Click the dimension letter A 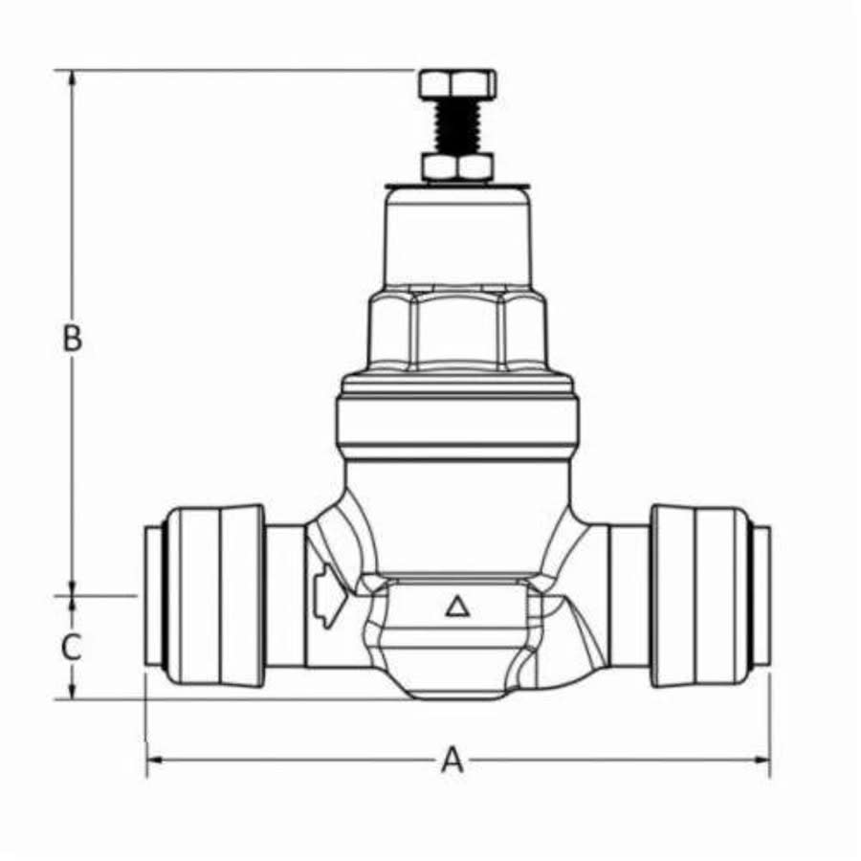click(x=452, y=761)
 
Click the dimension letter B click(x=72, y=339)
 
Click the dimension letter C click(x=72, y=648)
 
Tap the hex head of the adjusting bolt click(x=457, y=83)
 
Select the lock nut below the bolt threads click(x=457, y=167)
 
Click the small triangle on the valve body click(x=456, y=606)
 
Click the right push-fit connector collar click(x=698, y=595)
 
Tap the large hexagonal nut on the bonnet click(x=457, y=330)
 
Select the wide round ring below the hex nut click(x=457, y=421)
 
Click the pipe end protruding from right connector click(x=761, y=595)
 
